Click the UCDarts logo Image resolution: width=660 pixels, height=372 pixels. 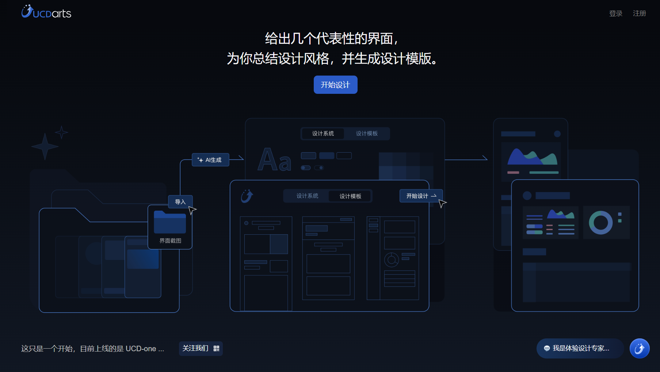(46, 12)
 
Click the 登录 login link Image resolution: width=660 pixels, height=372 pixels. (615, 14)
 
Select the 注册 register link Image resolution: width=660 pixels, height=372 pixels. (639, 14)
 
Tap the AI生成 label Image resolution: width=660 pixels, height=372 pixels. (210, 160)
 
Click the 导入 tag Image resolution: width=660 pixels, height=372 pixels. (180, 202)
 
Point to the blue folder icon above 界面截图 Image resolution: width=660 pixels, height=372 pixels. (170, 222)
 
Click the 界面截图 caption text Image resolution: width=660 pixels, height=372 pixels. (170, 241)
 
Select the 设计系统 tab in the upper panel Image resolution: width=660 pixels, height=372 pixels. (323, 134)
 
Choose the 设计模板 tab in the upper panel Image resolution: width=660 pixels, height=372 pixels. (367, 134)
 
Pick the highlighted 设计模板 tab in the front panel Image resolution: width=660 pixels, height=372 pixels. (350, 196)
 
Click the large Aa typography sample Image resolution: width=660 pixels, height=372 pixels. (274, 160)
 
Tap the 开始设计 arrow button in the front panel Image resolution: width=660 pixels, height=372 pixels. (421, 196)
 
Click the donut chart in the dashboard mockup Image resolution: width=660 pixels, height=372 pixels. (600, 223)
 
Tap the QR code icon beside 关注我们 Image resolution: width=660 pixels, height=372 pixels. (217, 348)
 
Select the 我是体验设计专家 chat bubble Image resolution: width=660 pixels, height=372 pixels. (580, 348)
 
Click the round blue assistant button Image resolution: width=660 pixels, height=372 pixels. (639, 348)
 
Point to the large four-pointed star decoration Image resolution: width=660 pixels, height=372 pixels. (45, 146)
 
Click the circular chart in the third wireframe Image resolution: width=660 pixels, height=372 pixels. (392, 260)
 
